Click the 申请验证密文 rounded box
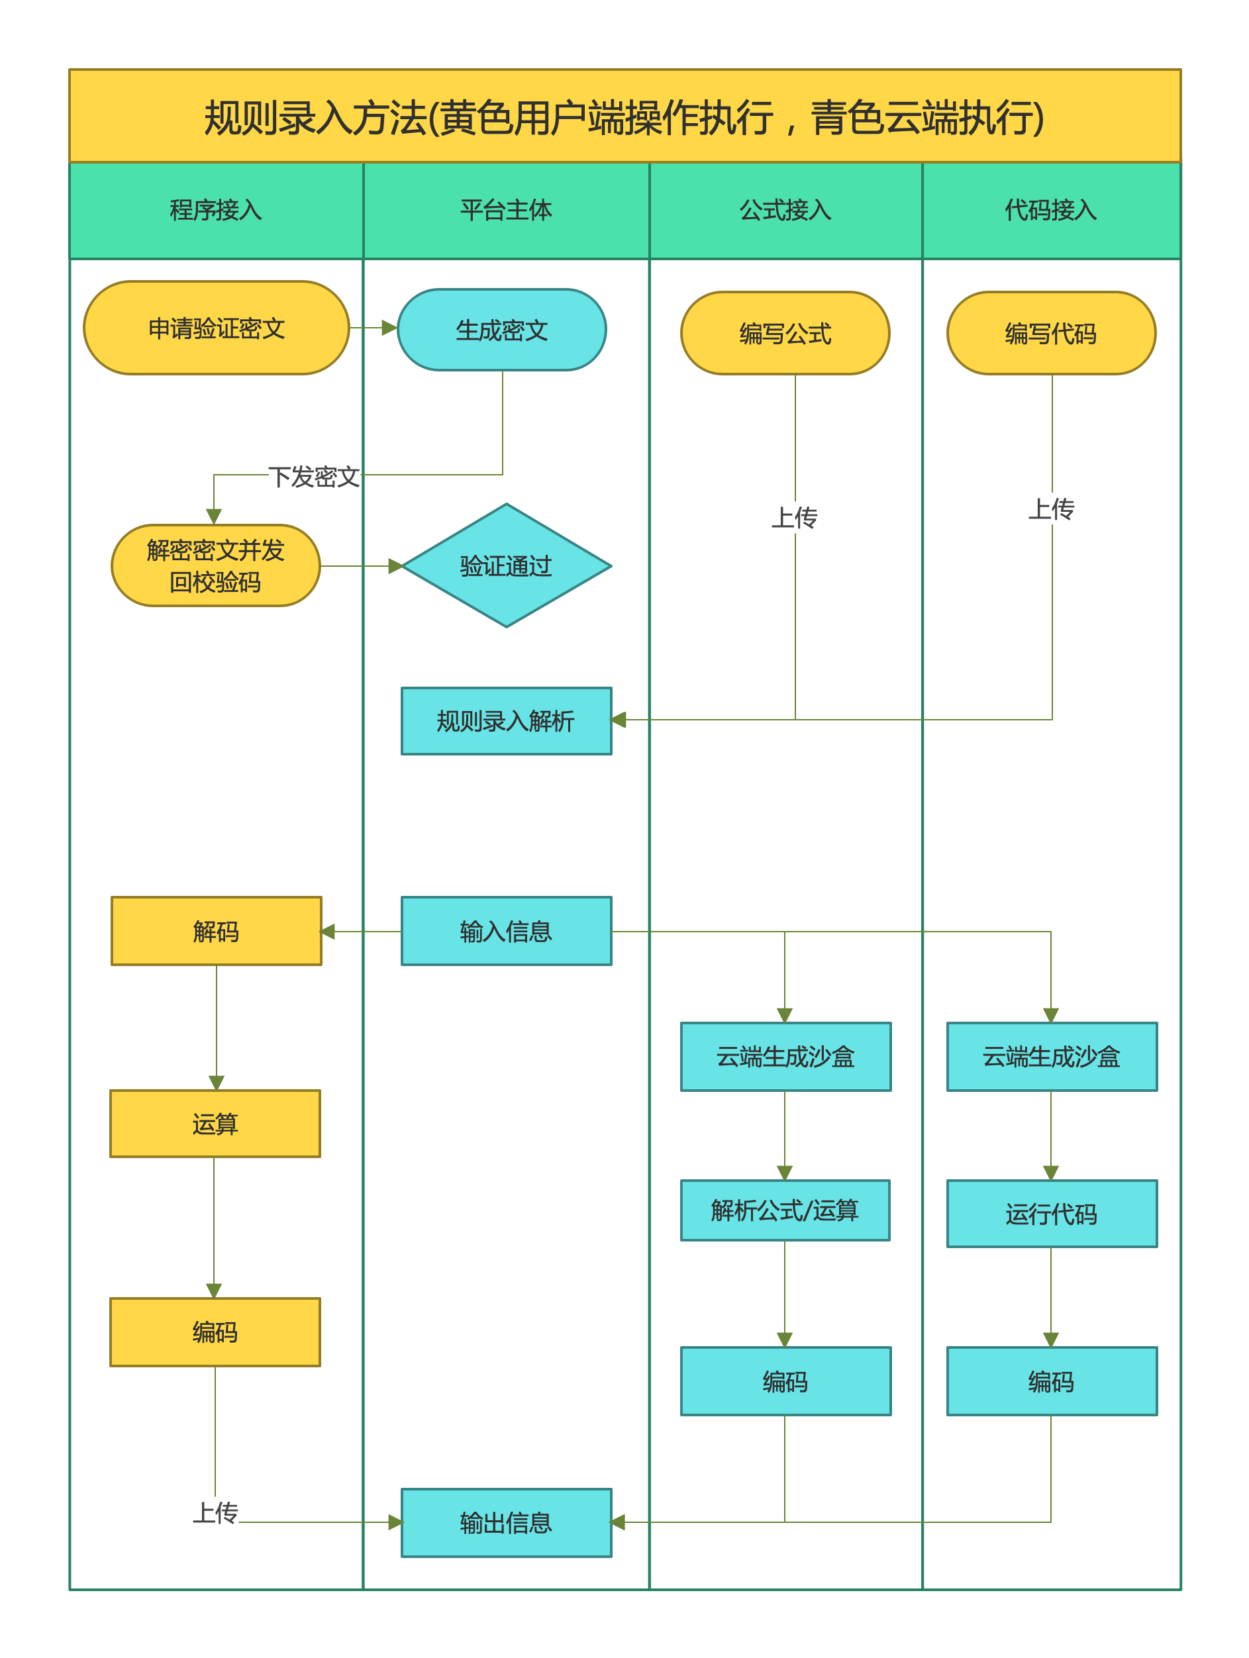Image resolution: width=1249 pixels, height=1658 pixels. (216, 328)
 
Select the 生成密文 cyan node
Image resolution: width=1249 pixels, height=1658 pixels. (501, 330)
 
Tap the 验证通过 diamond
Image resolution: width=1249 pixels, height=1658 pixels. (506, 566)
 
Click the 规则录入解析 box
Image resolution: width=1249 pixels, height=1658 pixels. (506, 720)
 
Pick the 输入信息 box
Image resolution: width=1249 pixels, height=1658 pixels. (506, 931)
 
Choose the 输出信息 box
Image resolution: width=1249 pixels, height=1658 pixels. (506, 1522)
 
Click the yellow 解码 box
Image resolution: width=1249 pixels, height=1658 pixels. (216, 931)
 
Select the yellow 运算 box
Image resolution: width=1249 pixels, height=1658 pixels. (215, 1124)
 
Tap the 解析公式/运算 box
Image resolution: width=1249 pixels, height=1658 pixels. (785, 1210)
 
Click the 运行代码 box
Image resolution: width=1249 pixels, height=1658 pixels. (1051, 1214)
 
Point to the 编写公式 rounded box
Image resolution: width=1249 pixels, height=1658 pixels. (785, 333)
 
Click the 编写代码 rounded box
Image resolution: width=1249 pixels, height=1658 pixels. (1051, 333)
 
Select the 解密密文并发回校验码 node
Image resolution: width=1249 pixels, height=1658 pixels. (215, 566)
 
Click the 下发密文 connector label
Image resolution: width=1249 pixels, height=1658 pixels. (314, 477)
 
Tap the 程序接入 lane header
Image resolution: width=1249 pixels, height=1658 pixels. (216, 210)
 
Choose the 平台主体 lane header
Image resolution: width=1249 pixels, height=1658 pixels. (506, 210)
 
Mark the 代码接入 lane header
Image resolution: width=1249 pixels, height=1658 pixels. (1051, 210)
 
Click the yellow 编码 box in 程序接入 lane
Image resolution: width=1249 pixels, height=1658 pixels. (215, 1332)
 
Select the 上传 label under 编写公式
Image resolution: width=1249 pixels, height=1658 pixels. (795, 517)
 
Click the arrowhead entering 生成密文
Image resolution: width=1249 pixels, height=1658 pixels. (389, 328)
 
